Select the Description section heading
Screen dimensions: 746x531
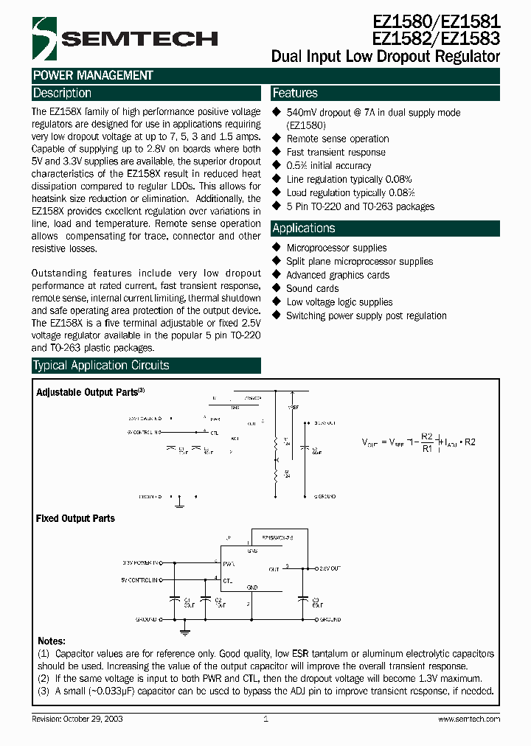(x=62, y=94)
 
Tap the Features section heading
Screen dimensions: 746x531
(x=295, y=94)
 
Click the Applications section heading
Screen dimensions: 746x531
(x=303, y=229)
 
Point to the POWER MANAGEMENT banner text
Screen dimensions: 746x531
(x=93, y=75)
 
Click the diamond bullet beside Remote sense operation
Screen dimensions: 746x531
(x=277, y=139)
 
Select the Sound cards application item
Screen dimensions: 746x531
(x=312, y=289)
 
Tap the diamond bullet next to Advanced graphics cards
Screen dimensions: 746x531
(x=277, y=275)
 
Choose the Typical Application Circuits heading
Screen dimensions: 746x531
(x=101, y=366)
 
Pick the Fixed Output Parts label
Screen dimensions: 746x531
(x=75, y=519)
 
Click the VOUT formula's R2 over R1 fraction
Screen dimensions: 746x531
(x=427, y=442)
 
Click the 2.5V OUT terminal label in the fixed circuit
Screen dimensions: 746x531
(x=329, y=569)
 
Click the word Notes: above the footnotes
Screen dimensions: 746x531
(x=51, y=641)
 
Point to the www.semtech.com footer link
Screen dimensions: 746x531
(x=469, y=719)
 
